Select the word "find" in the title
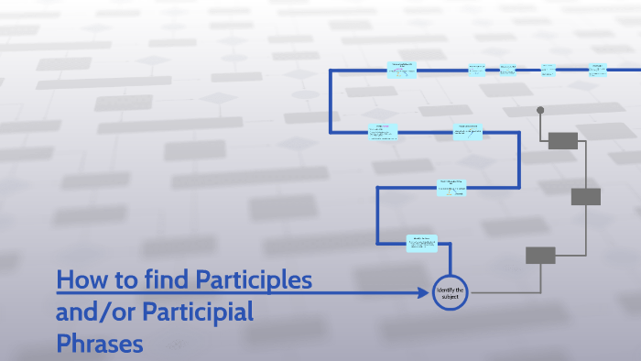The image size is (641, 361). [166, 279]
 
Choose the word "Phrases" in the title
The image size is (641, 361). [100, 345]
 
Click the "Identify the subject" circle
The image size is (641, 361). [450, 292]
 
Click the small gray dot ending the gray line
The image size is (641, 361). [540, 110]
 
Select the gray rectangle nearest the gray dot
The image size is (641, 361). [562, 140]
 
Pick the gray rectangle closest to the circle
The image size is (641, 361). [540, 255]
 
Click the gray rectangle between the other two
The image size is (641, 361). [585, 196]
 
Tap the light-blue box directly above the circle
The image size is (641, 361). [422, 242]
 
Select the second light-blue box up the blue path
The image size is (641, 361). [452, 186]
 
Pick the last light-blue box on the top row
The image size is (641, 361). [597, 69]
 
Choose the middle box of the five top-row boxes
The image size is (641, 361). [507, 69]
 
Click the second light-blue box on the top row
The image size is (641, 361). [477, 69]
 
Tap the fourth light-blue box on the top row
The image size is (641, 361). [548, 69]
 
